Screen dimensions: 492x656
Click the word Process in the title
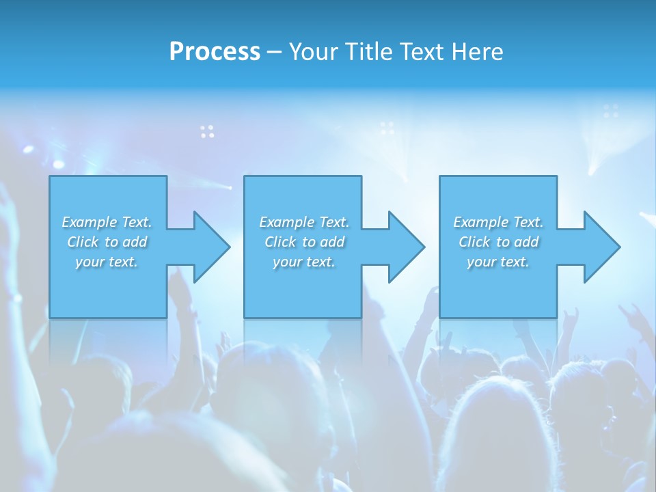pos(215,52)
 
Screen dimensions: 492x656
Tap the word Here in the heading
pos(478,52)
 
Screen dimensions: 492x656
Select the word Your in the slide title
pos(312,52)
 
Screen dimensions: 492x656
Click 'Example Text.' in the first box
pos(107,222)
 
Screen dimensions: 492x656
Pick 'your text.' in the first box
pos(107,262)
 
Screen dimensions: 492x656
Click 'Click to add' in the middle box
pos(304,242)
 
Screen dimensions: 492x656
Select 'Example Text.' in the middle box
pos(304,222)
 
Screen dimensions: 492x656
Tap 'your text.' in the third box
pos(498,262)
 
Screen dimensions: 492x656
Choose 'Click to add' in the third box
pos(498,242)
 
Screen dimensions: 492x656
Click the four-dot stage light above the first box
pos(207,131)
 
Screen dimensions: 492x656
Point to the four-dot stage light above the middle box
pos(387,128)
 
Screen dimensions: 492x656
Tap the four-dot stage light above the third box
pos(611,111)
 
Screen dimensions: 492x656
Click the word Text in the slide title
pos(422,52)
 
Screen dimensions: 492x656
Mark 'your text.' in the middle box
pos(304,262)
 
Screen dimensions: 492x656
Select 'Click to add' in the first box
pos(107,242)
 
